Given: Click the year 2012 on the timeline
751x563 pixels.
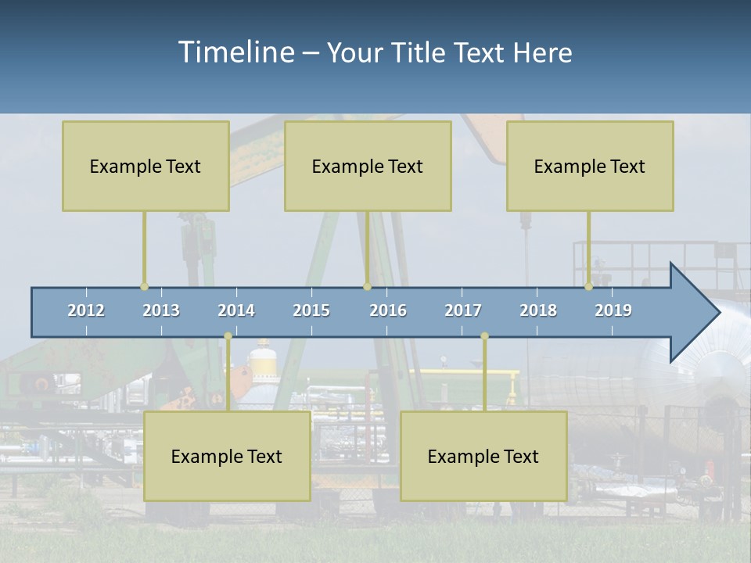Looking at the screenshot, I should click(86, 310).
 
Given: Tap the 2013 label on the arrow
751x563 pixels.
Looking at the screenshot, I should click(161, 310).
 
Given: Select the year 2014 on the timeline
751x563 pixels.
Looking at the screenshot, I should click(236, 310).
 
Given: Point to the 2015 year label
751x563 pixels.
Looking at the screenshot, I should click(311, 310).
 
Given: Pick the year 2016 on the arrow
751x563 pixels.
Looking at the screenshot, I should click(388, 310).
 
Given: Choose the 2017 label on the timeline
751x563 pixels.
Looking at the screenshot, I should click(463, 310).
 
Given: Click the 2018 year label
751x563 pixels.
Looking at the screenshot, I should click(538, 310).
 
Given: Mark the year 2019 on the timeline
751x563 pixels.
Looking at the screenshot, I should click(613, 310).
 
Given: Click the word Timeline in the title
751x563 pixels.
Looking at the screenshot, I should click(235, 52).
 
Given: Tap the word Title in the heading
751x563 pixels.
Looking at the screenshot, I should click(420, 52).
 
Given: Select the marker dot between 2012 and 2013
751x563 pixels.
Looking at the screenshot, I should click(144, 287).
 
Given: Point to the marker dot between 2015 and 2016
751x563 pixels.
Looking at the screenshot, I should click(367, 287).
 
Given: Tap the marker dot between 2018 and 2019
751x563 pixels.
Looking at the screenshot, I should click(589, 287).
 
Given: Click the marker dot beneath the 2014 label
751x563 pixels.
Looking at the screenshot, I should click(228, 336).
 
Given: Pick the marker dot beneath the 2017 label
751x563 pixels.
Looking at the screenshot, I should click(484, 336).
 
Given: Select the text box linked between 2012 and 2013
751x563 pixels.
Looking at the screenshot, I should click(146, 166).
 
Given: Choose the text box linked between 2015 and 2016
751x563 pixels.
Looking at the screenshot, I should click(368, 166).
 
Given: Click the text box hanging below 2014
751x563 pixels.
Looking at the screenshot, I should click(227, 456).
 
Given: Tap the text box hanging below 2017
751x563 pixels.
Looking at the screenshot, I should click(483, 456).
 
